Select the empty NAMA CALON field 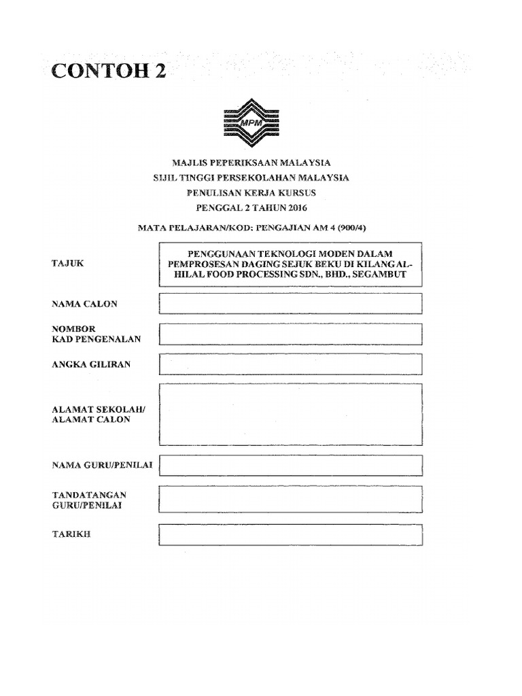coord(290,303)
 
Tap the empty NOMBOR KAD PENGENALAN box coord(290,334)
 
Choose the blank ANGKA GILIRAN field coord(290,364)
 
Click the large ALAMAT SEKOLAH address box coord(290,414)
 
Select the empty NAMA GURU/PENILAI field coord(290,466)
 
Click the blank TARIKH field coord(290,534)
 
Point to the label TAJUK coord(68,262)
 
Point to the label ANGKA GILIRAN coord(92,364)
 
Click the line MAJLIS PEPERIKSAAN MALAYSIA coord(251,163)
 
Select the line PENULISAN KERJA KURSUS coord(251,193)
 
